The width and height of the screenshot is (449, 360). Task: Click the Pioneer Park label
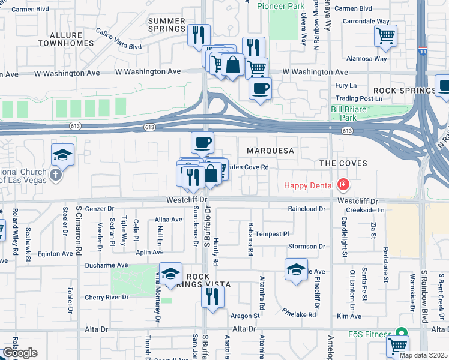click(x=281, y=6)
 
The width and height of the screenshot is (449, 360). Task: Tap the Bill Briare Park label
click(x=352, y=113)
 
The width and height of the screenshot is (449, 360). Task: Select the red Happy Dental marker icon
click(x=343, y=184)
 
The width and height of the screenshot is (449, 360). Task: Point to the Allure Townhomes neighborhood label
click(x=65, y=40)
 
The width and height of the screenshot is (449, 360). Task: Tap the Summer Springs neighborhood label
click(x=166, y=25)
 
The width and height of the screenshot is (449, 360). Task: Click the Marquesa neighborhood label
click(x=270, y=151)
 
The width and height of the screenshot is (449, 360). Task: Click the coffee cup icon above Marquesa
click(x=202, y=142)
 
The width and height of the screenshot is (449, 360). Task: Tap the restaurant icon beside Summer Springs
click(x=199, y=34)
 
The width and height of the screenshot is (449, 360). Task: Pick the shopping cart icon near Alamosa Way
click(x=385, y=35)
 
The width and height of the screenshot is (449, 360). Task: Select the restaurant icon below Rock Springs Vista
click(x=212, y=296)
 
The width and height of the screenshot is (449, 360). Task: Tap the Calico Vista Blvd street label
click(x=118, y=39)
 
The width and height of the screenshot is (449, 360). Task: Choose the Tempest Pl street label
click(x=272, y=234)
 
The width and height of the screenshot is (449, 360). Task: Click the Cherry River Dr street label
click(x=106, y=297)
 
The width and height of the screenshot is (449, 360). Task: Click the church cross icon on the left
click(x=55, y=175)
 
